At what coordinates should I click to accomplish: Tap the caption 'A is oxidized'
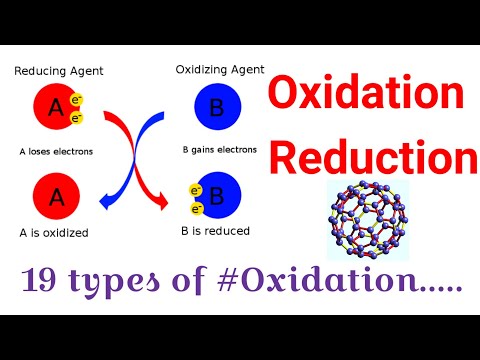click(54, 233)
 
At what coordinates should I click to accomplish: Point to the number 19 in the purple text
click(44, 283)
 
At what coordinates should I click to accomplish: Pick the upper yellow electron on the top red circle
click(78, 101)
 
